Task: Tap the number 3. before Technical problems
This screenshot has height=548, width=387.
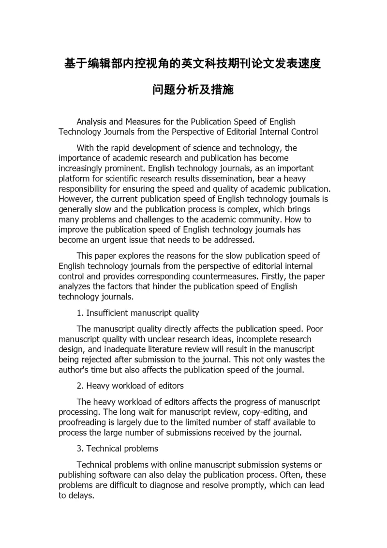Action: (x=80, y=449)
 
